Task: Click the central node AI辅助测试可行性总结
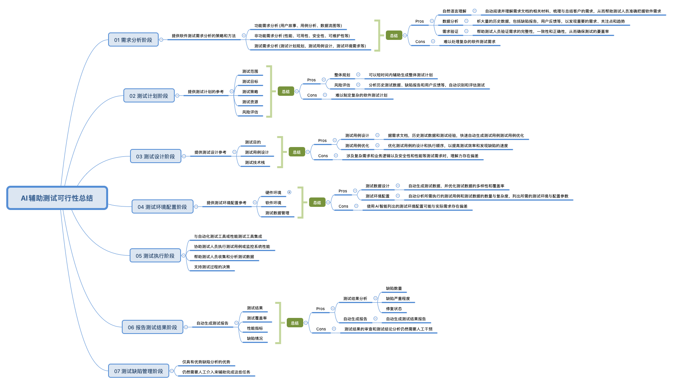tap(57, 198)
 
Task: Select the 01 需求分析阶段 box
tap(133, 40)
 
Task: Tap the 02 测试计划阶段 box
tap(149, 96)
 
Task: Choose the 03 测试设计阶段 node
tap(156, 156)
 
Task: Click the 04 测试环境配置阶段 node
tap(162, 207)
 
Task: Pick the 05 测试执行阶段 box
tap(155, 256)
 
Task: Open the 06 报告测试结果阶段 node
tap(152, 327)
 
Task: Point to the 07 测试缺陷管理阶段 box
tap(139, 371)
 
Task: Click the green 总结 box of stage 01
tap(394, 36)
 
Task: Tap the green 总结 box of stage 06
tap(295, 323)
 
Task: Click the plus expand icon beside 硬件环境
tap(289, 192)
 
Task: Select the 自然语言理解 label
tap(454, 11)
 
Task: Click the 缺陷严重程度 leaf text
tap(398, 299)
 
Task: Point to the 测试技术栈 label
tap(255, 163)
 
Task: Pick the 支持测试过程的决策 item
tap(212, 267)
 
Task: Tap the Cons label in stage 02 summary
tap(312, 95)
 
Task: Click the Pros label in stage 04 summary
tap(343, 191)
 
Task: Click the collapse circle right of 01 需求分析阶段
tap(161, 40)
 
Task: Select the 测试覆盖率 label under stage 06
tap(257, 318)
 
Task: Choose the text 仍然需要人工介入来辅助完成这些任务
tap(216, 372)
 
